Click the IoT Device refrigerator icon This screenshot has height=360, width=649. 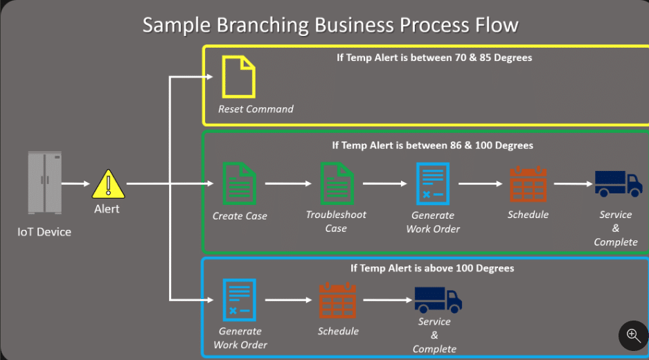[x=45, y=183]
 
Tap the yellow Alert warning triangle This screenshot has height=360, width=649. [x=107, y=184]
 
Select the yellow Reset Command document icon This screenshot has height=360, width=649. [x=238, y=78]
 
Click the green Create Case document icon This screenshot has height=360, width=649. [x=239, y=183]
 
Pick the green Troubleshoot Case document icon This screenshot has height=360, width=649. [x=337, y=183]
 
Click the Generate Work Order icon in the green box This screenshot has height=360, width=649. [x=433, y=183]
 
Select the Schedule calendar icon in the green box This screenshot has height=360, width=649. [x=528, y=183]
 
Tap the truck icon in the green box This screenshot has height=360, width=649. [x=618, y=183]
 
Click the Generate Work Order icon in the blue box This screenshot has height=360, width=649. [x=239, y=300]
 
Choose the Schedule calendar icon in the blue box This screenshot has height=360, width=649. [x=338, y=300]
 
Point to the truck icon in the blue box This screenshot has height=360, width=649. [x=438, y=300]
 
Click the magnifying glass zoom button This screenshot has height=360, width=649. [x=633, y=336]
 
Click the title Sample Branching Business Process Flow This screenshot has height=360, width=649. [x=330, y=25]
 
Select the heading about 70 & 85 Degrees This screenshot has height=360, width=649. [x=434, y=57]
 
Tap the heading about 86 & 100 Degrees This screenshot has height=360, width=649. [x=432, y=145]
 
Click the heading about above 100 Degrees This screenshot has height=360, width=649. [x=433, y=268]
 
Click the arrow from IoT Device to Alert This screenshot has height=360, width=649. [x=76, y=184]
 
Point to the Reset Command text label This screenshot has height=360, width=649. [x=256, y=109]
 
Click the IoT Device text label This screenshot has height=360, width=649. [x=44, y=231]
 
